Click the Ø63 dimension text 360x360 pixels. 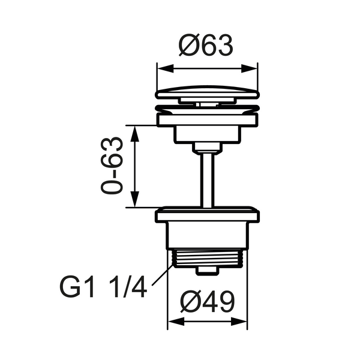(x=206, y=45)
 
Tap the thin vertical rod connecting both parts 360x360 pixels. (x=207, y=178)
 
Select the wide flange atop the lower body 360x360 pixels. (x=207, y=214)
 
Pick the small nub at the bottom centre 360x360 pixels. (x=207, y=272)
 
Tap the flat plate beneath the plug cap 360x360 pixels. (x=207, y=120)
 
